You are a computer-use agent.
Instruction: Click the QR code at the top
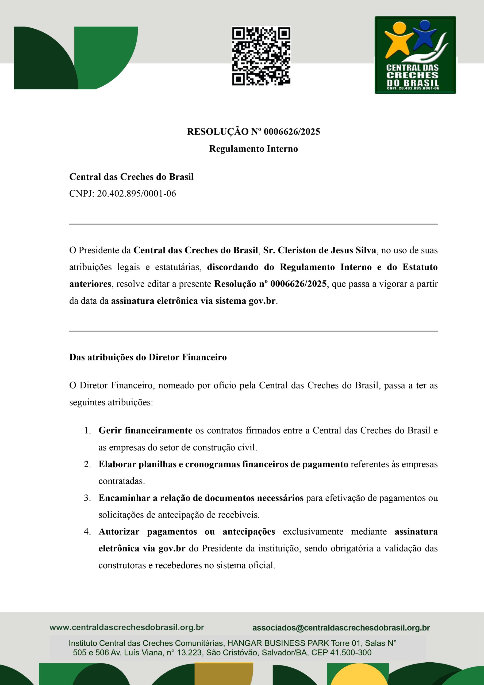[x=261, y=56]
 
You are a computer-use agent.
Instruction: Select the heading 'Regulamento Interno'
[x=253, y=149]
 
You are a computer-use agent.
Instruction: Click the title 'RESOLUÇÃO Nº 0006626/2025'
[x=253, y=132]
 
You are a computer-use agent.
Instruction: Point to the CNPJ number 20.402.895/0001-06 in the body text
[x=136, y=194]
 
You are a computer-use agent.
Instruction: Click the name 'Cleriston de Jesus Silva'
[x=327, y=250]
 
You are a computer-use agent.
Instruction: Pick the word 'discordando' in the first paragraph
[x=233, y=267]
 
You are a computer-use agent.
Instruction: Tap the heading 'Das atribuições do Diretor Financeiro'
[x=148, y=357]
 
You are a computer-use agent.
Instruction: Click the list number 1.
[x=87, y=431]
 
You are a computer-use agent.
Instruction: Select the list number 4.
[x=87, y=532]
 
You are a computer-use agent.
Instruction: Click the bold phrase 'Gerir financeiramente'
[x=145, y=431]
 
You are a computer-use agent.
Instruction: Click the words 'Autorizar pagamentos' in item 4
[x=148, y=532]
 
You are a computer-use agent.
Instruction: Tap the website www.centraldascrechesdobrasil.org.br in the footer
[x=127, y=627]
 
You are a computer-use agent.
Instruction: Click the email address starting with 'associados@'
[x=341, y=628]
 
